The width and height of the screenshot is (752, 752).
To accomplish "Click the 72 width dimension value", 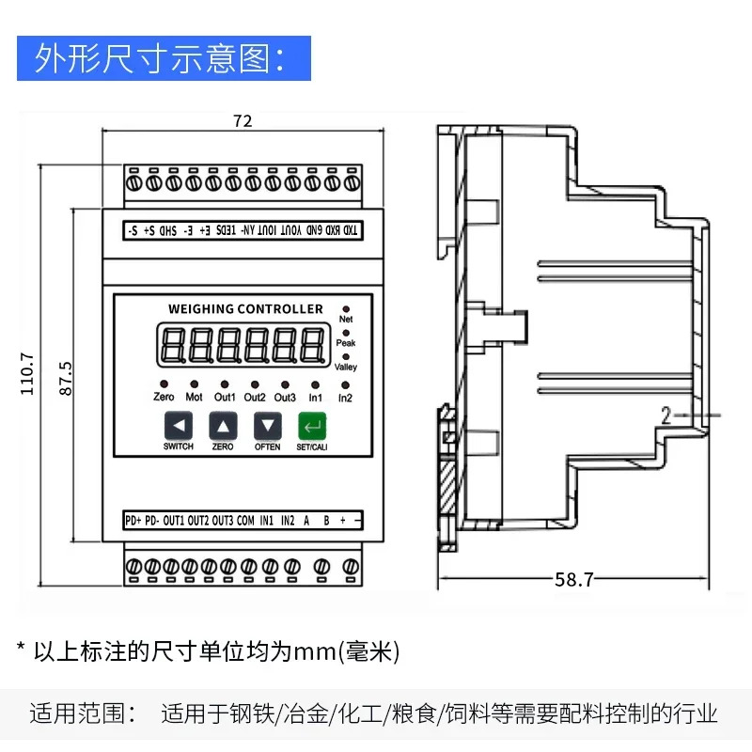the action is pyautogui.click(x=243, y=121).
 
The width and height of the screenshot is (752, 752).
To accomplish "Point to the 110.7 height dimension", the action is pyautogui.click(x=27, y=374).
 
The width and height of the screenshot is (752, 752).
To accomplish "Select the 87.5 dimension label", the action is pyautogui.click(x=65, y=379).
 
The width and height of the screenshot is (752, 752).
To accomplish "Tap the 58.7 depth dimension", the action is pyautogui.click(x=574, y=579).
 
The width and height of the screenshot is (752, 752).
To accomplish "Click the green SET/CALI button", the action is pyautogui.click(x=312, y=426).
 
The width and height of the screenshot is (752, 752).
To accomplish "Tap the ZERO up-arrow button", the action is pyautogui.click(x=223, y=426).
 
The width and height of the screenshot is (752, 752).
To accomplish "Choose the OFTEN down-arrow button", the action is pyautogui.click(x=268, y=426).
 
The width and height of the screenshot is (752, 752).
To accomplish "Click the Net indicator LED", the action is pyautogui.click(x=346, y=309).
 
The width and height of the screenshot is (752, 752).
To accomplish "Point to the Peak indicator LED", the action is pyautogui.click(x=346, y=333).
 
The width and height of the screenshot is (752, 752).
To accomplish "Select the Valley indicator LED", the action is pyautogui.click(x=346, y=357).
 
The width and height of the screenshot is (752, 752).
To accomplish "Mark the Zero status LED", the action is pyautogui.click(x=164, y=384).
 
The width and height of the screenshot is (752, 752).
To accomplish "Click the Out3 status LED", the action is pyautogui.click(x=285, y=384).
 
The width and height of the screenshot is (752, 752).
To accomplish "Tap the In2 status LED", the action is pyautogui.click(x=345, y=385).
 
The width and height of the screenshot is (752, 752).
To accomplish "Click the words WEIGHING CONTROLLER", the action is pyautogui.click(x=245, y=309).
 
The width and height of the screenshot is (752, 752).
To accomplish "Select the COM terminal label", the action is pyautogui.click(x=245, y=521).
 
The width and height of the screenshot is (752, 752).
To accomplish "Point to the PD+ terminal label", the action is pyautogui.click(x=133, y=521).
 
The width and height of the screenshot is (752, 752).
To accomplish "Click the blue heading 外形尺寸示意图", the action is pyautogui.click(x=160, y=58).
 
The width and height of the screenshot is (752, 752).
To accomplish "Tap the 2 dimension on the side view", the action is pyautogui.click(x=666, y=415).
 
